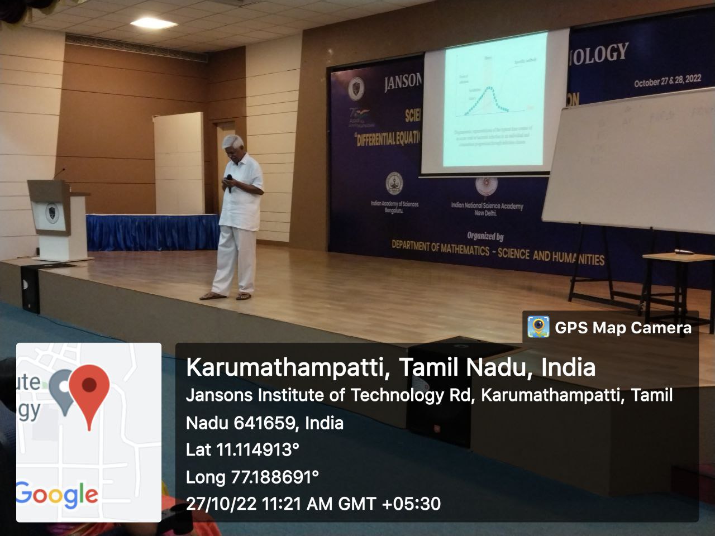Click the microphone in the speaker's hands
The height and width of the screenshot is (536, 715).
point(229,183)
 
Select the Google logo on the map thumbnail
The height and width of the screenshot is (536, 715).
point(57,494)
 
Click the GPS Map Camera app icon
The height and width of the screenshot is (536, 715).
point(538,327)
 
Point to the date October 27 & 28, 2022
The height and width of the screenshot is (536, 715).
point(667,81)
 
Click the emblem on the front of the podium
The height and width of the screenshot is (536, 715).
point(52,213)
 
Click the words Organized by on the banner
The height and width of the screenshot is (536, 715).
point(485,236)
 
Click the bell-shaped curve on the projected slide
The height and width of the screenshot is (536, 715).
point(490,99)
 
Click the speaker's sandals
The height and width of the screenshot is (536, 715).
point(227,295)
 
